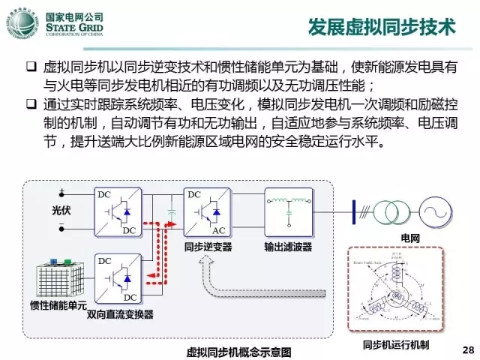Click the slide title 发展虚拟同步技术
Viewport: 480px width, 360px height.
[383, 28]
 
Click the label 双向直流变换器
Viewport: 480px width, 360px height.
[121, 314]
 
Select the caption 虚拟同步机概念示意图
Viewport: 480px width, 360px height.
[239, 351]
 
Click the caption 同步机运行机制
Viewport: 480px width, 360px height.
[395, 345]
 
